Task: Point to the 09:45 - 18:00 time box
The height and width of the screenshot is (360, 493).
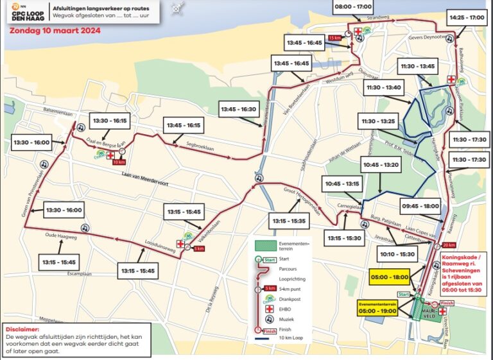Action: point(422,207)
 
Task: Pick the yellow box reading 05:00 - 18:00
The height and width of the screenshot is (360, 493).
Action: point(388,277)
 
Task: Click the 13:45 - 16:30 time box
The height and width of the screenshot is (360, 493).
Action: point(238,109)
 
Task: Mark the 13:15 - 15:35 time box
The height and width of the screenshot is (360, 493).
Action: point(289,221)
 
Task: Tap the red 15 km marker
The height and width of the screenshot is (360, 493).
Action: point(334,39)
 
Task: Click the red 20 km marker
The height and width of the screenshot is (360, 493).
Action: point(448,245)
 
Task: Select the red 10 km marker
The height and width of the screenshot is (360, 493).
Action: point(118,162)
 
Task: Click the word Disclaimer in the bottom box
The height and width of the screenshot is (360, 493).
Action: point(20,330)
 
